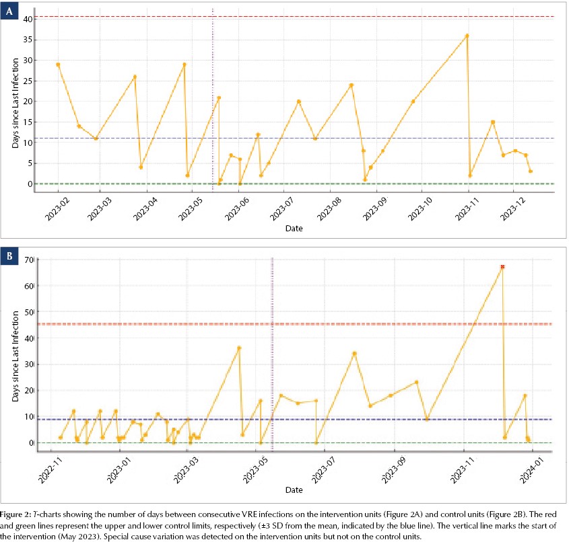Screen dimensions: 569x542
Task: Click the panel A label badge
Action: pos(9,11)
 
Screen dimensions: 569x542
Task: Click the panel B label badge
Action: pos(9,256)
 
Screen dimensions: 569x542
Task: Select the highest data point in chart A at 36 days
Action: pos(467,36)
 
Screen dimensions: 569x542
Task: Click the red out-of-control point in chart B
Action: pos(502,267)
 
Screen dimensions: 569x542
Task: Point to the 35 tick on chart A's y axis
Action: pos(28,40)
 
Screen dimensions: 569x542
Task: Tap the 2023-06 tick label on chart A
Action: pos(237,209)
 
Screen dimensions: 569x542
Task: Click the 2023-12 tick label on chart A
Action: pos(512,209)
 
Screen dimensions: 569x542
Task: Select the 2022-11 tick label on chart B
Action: pos(50,470)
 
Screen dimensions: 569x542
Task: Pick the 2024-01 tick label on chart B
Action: pos(531,470)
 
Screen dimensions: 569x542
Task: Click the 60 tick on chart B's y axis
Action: pos(29,286)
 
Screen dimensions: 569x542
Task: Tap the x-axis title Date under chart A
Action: pos(294,228)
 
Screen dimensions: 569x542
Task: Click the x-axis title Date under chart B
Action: pos(294,490)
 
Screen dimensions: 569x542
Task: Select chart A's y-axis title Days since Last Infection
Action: pos(15,104)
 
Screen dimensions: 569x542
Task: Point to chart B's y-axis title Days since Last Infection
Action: pos(15,356)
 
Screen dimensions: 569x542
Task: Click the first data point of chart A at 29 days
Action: pos(58,65)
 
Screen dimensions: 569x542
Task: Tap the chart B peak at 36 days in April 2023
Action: pos(239,348)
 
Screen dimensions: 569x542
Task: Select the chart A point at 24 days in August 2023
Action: pos(352,85)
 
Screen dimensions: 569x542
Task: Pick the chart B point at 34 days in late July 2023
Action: pos(355,354)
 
